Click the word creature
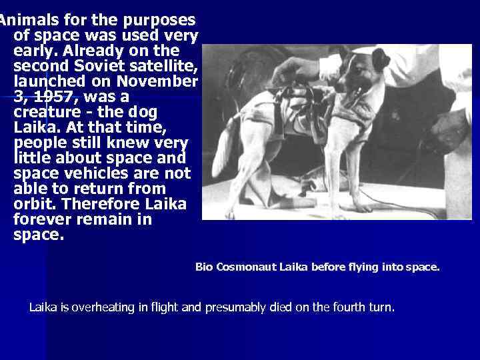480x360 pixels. click(47, 112)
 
